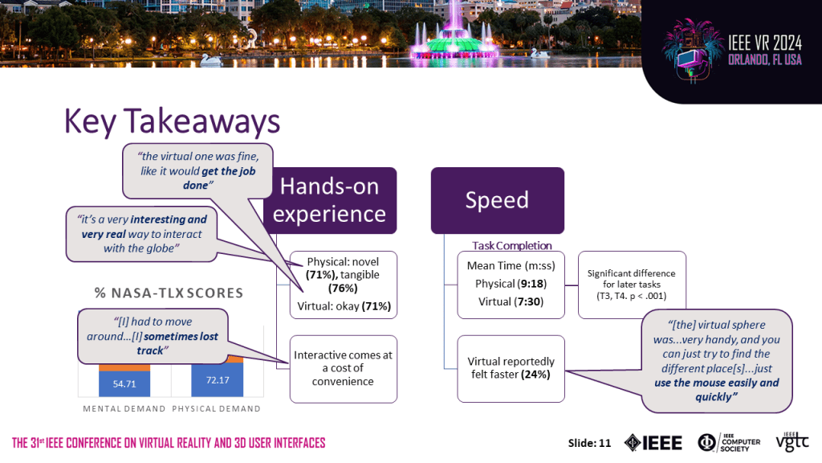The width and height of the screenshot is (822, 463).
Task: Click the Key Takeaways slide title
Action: click(x=172, y=121)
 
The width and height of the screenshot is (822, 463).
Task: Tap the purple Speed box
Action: click(x=497, y=200)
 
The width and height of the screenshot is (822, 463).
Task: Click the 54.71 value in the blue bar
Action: click(x=123, y=383)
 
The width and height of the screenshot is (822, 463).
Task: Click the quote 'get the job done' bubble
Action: click(x=196, y=169)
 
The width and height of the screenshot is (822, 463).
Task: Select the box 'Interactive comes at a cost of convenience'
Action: click(x=343, y=368)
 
